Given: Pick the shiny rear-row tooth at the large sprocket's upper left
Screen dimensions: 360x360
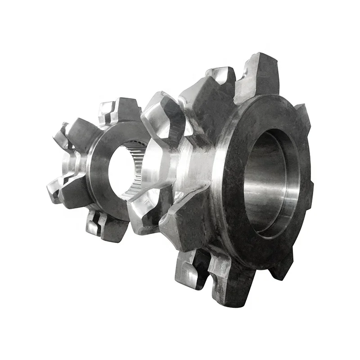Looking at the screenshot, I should point(162,112).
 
